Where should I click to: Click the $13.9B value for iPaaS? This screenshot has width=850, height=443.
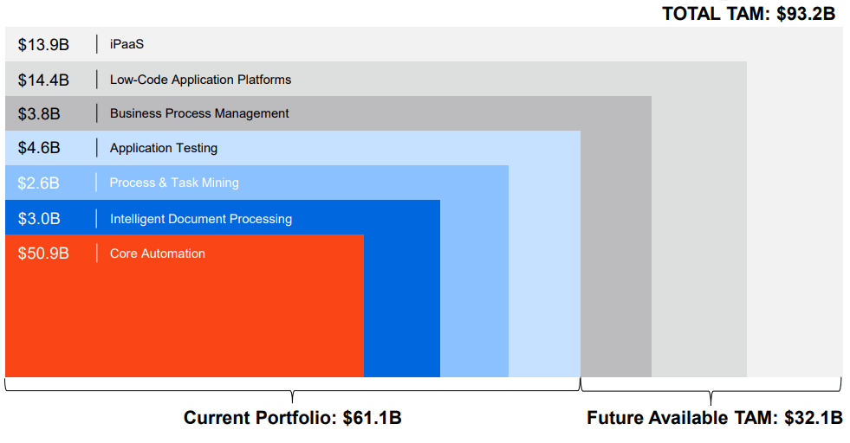click(x=43, y=44)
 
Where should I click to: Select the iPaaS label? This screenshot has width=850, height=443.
click(x=127, y=44)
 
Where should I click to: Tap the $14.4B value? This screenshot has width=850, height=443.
click(x=43, y=80)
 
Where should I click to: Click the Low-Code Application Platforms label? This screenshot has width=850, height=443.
click(x=200, y=80)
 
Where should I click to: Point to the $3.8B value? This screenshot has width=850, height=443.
click(x=39, y=113)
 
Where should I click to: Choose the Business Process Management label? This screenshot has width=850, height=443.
click(x=199, y=113)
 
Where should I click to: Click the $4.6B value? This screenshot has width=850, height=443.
click(x=39, y=148)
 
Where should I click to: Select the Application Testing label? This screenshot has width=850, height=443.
click(x=164, y=148)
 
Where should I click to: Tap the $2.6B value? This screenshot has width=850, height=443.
click(x=39, y=183)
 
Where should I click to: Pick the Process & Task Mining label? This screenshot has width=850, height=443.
click(x=174, y=183)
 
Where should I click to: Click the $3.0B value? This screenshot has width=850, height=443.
click(x=39, y=219)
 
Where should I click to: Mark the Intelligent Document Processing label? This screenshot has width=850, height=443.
click(x=201, y=219)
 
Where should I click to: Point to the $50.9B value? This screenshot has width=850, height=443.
click(x=43, y=254)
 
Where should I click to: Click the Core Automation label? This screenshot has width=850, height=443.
click(x=158, y=254)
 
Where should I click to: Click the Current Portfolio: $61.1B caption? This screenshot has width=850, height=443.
click(x=292, y=419)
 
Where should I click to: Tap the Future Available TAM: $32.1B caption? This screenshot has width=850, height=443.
click(x=715, y=419)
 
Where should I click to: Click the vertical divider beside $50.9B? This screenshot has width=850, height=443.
click(x=97, y=254)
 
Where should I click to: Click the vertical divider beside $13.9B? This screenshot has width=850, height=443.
click(x=97, y=44)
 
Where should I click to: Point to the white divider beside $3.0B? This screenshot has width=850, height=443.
click(x=97, y=219)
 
